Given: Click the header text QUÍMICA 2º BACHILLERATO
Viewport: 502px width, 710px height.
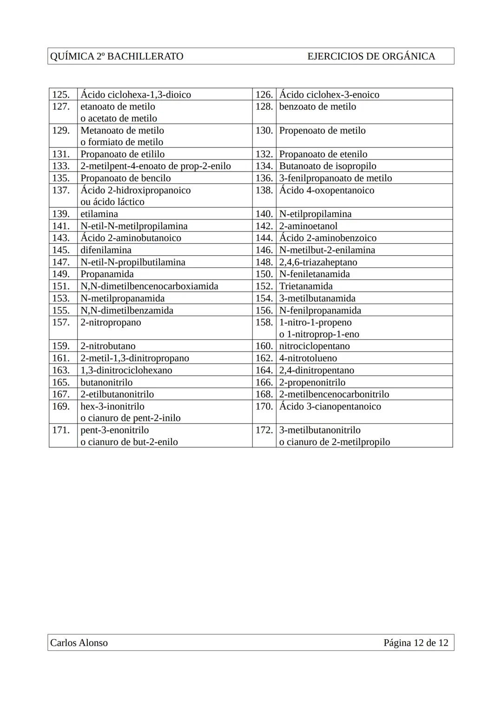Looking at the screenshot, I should pyautogui.click(x=117, y=56).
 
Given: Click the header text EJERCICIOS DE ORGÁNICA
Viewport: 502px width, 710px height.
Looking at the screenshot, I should pyautogui.click(x=371, y=56).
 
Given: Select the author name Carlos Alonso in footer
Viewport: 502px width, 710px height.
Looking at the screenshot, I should pyautogui.click(x=79, y=643).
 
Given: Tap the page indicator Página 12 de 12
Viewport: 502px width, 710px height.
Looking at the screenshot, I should pyautogui.click(x=416, y=643).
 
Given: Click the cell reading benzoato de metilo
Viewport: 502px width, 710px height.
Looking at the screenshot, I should pyautogui.click(x=317, y=106).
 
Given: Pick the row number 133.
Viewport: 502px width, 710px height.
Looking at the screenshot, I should pyautogui.click(x=61, y=166).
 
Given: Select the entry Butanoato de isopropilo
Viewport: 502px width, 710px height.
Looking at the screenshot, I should pyautogui.click(x=327, y=166).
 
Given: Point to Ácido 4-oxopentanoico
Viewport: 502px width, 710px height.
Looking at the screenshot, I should pyautogui.click(x=326, y=190).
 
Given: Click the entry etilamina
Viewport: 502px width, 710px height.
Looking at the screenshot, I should pyautogui.click(x=99, y=214).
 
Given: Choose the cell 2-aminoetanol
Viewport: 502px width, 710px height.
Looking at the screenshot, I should pyautogui.click(x=308, y=226).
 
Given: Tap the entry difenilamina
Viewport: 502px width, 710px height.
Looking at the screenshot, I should pyautogui.click(x=106, y=250).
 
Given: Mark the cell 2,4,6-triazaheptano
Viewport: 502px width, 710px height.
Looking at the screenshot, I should pyautogui.click(x=318, y=262).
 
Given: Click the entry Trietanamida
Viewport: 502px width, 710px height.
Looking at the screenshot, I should pyautogui.click(x=305, y=286).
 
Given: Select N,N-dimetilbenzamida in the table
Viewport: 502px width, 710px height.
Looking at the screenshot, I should pyautogui.click(x=127, y=310).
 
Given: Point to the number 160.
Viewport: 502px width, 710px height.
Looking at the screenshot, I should pyautogui.click(x=264, y=346).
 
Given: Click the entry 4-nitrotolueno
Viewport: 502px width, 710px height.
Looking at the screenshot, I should pyautogui.click(x=308, y=358).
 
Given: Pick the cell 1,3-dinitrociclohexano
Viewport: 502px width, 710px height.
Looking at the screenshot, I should pyautogui.click(x=126, y=370).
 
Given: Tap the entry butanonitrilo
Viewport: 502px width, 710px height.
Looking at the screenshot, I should pyautogui.click(x=106, y=382).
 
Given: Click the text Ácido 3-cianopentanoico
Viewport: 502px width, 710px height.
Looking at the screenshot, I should pyautogui.click(x=330, y=406).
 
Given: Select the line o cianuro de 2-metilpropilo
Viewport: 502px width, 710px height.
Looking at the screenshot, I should pyautogui.click(x=334, y=442).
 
